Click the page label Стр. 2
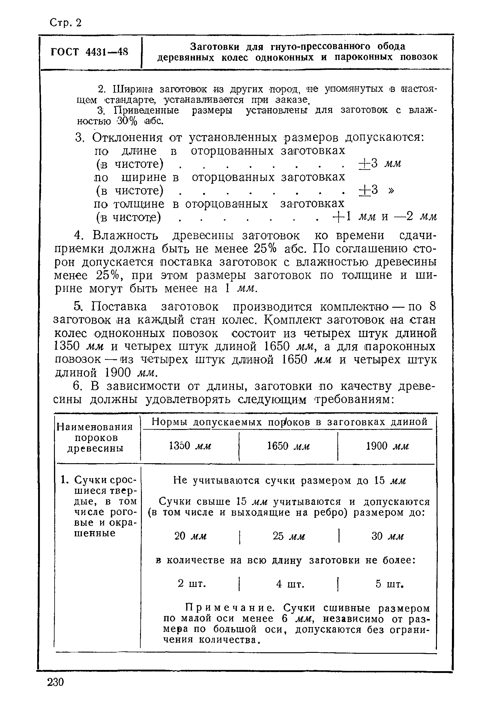point(65,23)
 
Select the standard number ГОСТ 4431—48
point(89,52)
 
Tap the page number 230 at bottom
point(55,682)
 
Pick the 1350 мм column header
point(190,446)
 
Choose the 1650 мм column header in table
point(288,446)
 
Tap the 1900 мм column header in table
point(387,446)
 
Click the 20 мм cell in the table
point(190,536)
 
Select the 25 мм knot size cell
point(288,536)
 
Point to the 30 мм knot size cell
point(387,536)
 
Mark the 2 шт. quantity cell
point(192,584)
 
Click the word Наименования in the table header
point(95,427)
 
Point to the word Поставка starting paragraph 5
point(119,307)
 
